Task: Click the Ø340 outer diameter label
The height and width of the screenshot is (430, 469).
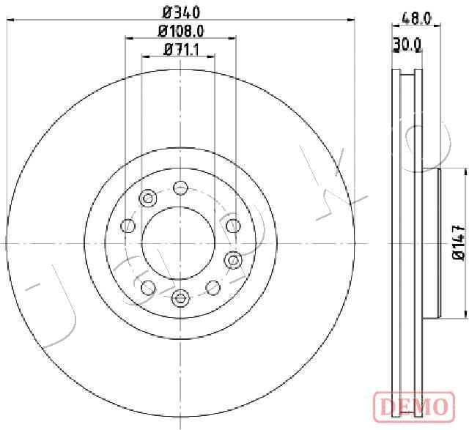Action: pos(181,12)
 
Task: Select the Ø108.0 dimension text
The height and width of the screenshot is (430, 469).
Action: pos(181,31)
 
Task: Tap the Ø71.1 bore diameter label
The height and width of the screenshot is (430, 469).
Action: pos(181,50)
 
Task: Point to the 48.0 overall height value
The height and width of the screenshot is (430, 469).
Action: pos(416,19)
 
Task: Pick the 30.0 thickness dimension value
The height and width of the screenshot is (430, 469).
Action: pos(407,44)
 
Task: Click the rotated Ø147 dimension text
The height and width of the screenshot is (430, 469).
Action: pos(459,242)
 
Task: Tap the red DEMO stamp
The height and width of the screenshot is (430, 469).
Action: pos(414,407)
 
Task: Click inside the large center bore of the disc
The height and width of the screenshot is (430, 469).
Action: pos(178,242)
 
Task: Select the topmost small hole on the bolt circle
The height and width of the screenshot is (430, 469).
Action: pos(181,188)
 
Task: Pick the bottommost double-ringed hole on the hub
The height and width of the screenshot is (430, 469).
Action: pos(180,298)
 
